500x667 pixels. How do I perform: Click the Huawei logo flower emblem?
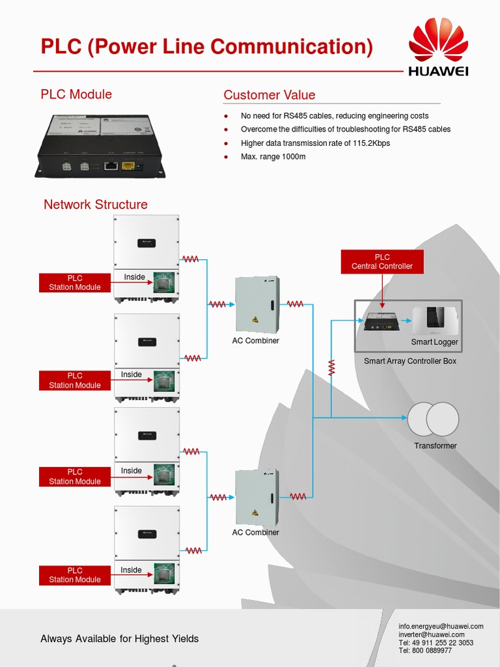tap(437, 40)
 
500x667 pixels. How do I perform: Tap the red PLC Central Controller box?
tap(382, 261)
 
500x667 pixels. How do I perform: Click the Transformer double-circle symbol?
tap(433, 419)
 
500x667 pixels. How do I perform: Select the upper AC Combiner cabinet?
tap(257, 305)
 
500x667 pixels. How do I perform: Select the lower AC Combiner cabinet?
tap(257, 498)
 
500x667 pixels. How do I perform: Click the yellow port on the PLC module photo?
tap(128, 166)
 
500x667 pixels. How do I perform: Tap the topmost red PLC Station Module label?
tap(75, 283)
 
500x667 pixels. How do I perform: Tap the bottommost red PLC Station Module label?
tap(75, 575)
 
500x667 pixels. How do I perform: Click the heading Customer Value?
tap(269, 95)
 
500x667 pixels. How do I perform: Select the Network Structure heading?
tap(96, 205)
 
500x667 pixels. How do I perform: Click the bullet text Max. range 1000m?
tap(273, 157)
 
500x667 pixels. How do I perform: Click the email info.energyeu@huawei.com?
tap(441, 626)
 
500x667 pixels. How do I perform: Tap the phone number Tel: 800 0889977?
tap(425, 650)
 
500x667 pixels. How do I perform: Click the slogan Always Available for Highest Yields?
tap(119, 638)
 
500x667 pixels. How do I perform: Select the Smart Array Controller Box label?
tap(410, 361)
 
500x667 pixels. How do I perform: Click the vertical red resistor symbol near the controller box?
tap(331, 367)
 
